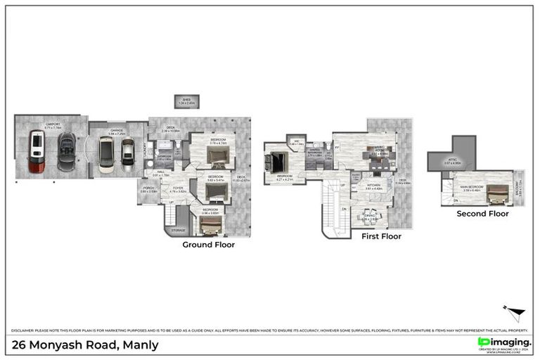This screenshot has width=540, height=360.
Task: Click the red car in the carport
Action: tap(37, 152)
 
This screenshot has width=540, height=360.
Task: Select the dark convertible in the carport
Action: tap(67, 149)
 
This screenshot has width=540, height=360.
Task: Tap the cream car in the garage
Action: tap(105, 154)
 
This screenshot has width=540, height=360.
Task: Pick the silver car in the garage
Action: tap(127, 152)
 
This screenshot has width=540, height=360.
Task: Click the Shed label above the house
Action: tap(186, 101)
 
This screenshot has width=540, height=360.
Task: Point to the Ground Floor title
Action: tap(208, 245)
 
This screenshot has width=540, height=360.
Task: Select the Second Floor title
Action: tap(482, 213)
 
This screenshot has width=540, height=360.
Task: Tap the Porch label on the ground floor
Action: tap(148, 188)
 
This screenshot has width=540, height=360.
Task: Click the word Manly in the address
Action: tap(141, 345)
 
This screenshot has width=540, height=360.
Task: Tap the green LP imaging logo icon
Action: tap(483, 342)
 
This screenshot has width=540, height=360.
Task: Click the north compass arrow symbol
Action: tap(515, 312)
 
